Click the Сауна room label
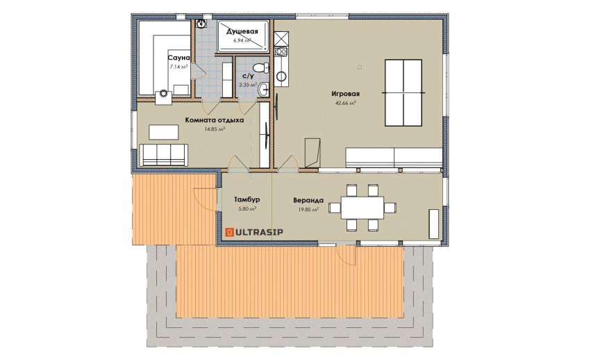coord(178,58)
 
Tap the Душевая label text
coord(242,31)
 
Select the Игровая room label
coord(346,94)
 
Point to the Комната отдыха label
coord(215,120)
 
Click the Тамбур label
coord(247,199)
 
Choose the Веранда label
coord(308,200)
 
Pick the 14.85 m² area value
coord(215,129)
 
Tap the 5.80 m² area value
coord(247,208)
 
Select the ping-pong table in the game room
coord(403,92)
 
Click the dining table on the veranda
coord(362,208)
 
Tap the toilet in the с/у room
coord(262,68)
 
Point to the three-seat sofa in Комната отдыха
coord(163,155)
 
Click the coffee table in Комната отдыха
coord(163,132)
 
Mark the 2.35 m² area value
coord(248,85)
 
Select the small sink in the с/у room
coord(264,90)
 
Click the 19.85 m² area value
coord(308,209)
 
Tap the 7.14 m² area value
coord(178,67)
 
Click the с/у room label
coord(248,76)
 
